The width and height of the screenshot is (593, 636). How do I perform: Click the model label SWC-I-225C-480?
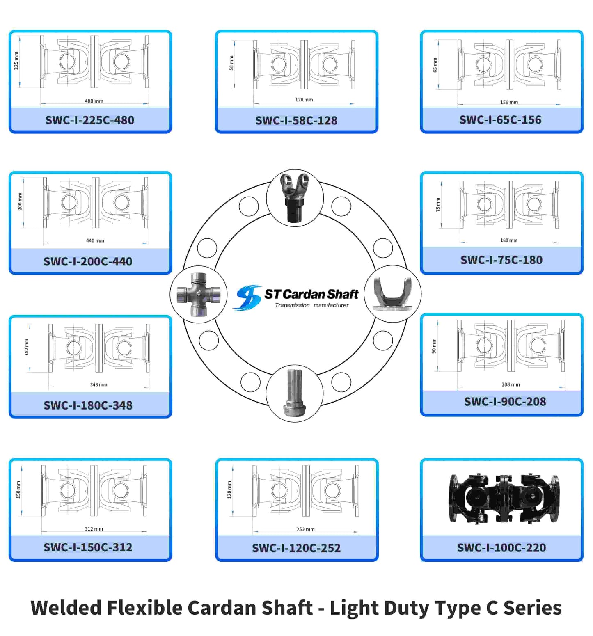[89, 120]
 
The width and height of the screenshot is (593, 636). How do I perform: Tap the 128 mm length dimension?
[304, 100]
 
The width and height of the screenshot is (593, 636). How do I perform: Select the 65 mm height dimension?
[435, 65]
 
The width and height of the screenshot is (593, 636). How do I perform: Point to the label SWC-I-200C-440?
[88, 261]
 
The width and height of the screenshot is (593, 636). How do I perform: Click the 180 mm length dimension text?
[508, 240]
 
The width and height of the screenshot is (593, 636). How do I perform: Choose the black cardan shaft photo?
[504, 499]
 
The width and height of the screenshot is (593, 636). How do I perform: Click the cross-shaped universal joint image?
[199, 294]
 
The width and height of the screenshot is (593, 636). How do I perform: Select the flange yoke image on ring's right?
[393, 294]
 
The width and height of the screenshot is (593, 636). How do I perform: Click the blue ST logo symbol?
[247, 297]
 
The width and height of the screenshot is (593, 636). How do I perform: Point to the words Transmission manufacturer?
[311, 305]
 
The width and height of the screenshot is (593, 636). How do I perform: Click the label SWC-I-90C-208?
[505, 402]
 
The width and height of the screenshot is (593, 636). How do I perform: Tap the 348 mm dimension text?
[98, 384]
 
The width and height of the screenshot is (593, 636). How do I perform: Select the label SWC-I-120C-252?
[296, 548]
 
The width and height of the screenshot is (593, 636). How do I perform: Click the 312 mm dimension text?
[94, 529]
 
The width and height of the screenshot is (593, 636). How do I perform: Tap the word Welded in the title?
[66, 608]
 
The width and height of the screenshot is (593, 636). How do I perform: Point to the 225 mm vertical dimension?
[16, 61]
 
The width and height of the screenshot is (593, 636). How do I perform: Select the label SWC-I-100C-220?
[501, 548]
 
